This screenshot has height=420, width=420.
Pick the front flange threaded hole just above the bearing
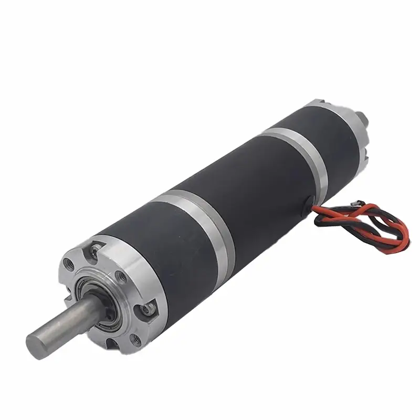click(x=122, y=277)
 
